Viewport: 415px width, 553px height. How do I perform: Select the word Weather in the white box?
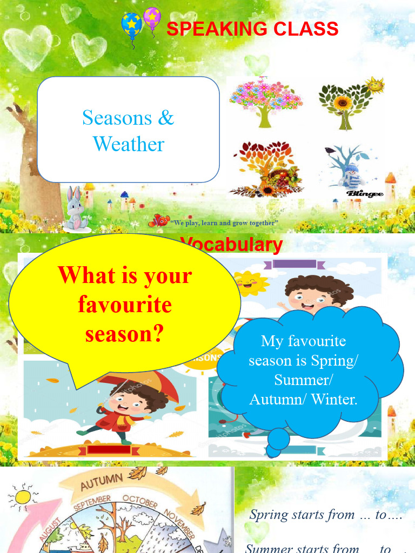(128, 144)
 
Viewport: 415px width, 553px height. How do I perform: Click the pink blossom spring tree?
(265, 100)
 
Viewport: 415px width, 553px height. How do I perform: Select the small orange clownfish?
(159, 220)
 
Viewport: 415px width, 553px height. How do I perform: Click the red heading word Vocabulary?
(231, 245)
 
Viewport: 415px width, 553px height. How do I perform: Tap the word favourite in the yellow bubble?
(125, 305)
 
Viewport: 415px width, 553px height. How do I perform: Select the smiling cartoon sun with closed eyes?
(250, 284)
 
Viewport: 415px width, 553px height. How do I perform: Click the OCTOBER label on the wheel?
(139, 501)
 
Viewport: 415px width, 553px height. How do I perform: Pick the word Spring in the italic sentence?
(269, 515)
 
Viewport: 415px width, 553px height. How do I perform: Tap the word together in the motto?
(264, 222)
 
